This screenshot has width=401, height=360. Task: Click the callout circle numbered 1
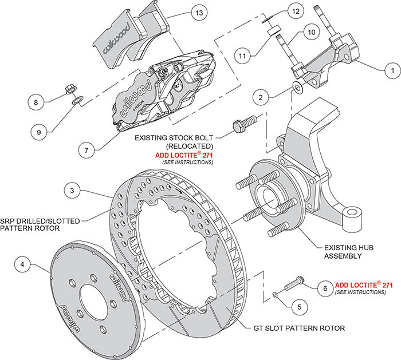click(392, 70)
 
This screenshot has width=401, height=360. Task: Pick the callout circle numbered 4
click(22, 265)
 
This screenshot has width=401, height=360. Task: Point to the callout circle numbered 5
click(295, 307)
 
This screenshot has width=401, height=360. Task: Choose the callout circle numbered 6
click(324, 288)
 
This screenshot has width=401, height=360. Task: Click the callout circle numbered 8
click(36, 103)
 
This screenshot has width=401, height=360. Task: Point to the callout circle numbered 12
click(294, 11)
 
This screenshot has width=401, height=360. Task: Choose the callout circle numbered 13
click(199, 12)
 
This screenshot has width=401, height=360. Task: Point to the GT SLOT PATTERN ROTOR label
click(298, 329)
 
